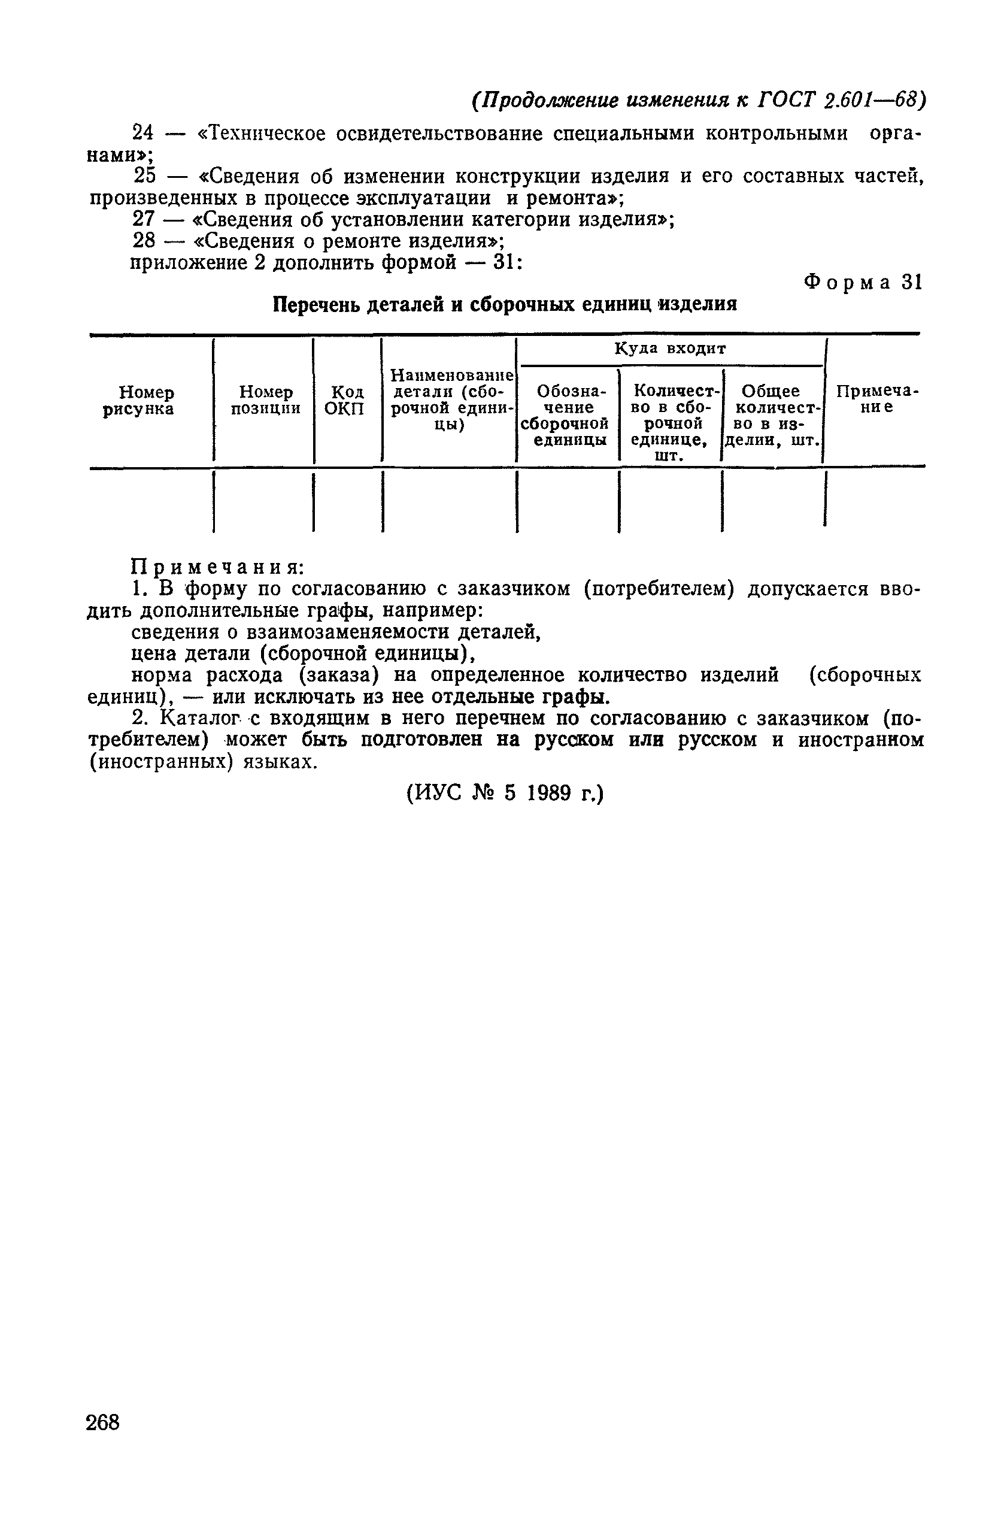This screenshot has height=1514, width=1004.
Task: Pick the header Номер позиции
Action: [265, 400]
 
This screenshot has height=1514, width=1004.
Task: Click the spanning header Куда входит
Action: [670, 349]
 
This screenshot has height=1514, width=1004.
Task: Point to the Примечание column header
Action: [876, 399]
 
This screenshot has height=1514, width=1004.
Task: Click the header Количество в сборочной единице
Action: [671, 422]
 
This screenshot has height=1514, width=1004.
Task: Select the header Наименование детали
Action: [450, 399]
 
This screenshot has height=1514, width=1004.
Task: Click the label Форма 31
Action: [863, 283]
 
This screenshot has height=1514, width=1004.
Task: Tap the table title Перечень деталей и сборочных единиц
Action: [505, 304]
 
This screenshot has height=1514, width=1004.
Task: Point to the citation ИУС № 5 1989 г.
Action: [505, 794]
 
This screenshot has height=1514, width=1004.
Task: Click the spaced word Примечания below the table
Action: [217, 567]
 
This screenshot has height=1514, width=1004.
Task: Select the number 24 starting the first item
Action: [143, 133]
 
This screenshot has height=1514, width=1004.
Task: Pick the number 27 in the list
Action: [143, 219]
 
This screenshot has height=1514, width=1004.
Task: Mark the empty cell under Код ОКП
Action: [347, 500]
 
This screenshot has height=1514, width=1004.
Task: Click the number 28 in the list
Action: [143, 241]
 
